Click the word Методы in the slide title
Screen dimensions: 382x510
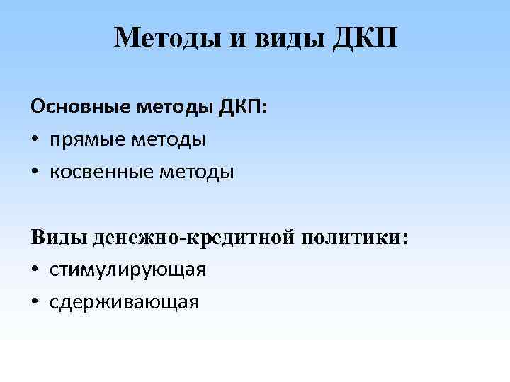[x=166, y=37]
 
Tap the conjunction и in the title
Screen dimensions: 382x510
[x=236, y=39]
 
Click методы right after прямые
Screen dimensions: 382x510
[x=170, y=139]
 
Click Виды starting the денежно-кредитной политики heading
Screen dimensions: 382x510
[x=59, y=237]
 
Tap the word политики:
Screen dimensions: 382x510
[x=355, y=237]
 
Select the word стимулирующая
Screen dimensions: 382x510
[x=128, y=270]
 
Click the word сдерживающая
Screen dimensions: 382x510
[x=125, y=302]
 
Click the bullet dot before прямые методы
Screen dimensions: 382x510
[x=35, y=140]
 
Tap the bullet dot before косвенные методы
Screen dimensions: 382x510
[x=35, y=173]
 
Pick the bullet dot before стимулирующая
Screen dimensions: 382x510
[x=35, y=270]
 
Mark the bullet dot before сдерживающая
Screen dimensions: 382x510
[x=35, y=303]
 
